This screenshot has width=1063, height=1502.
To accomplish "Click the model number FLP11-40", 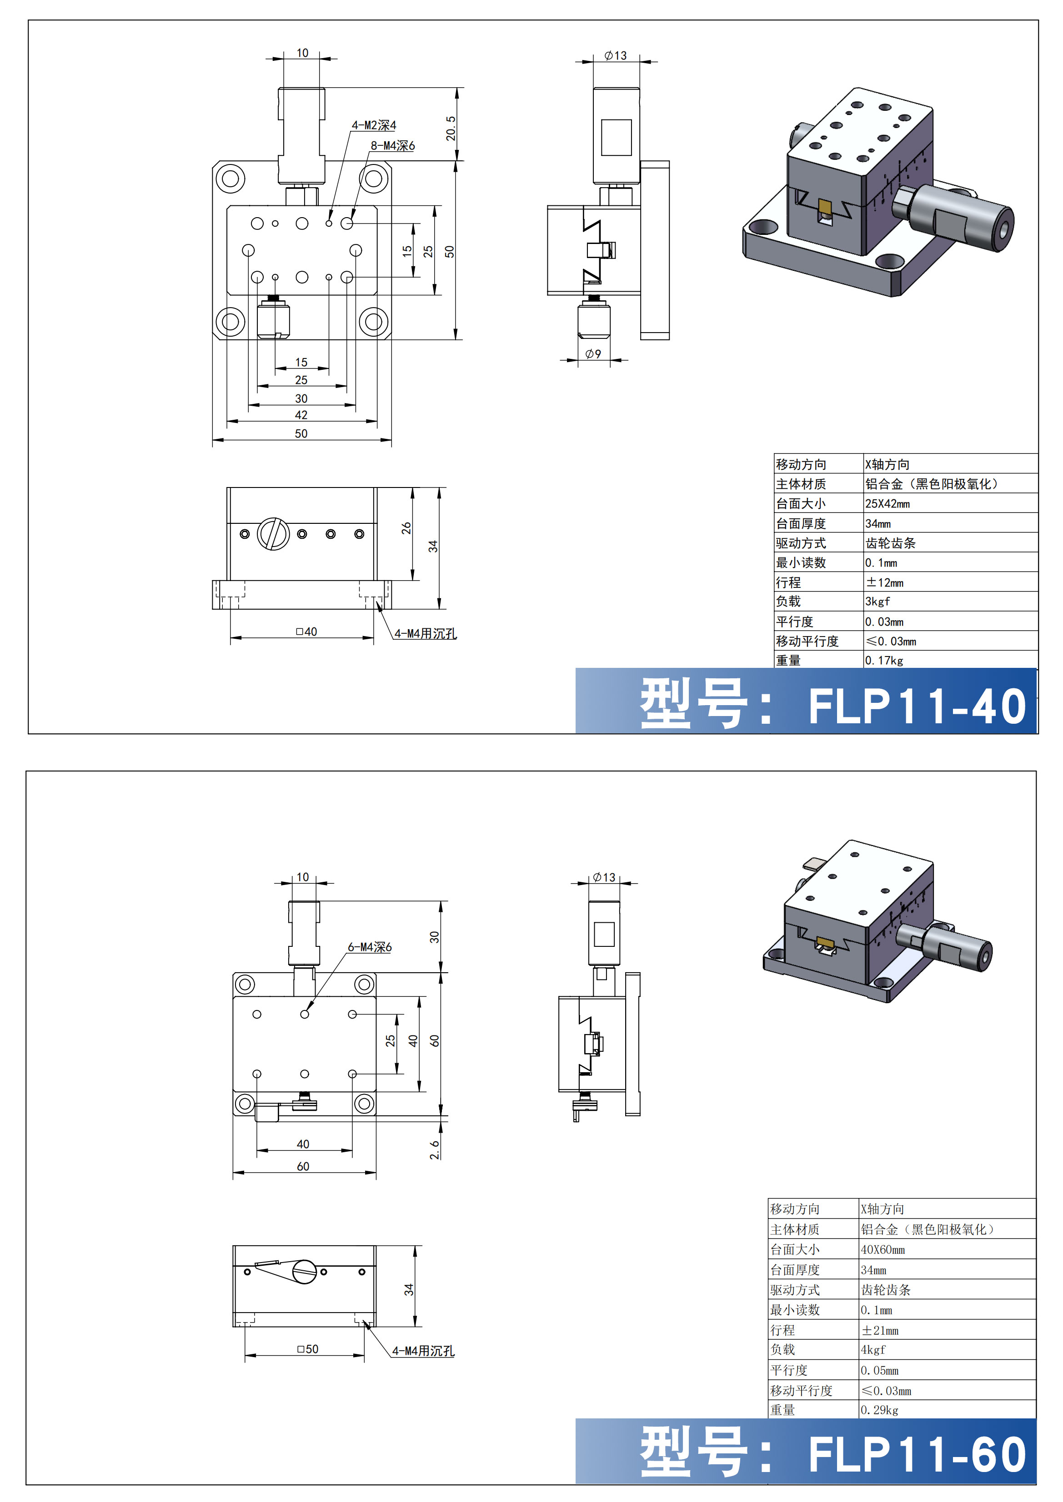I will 917,706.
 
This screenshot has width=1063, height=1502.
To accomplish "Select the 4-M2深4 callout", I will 374,125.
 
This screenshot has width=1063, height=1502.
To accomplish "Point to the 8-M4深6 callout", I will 393,145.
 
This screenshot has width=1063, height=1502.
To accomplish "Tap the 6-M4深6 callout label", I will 369,947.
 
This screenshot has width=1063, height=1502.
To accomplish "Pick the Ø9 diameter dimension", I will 593,354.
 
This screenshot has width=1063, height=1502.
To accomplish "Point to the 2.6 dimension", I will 435,1149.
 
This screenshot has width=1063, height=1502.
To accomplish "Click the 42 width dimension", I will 301,415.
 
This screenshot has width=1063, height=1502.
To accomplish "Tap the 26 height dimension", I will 406,528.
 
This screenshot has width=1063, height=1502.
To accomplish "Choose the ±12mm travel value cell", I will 884,582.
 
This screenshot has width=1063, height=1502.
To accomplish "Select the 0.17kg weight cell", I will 884,660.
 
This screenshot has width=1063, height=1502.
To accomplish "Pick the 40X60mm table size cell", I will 882,1249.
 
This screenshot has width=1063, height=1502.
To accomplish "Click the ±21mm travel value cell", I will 880,1330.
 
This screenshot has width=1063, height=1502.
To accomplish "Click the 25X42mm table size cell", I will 887,504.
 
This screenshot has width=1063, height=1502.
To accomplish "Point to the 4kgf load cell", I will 873,1350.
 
